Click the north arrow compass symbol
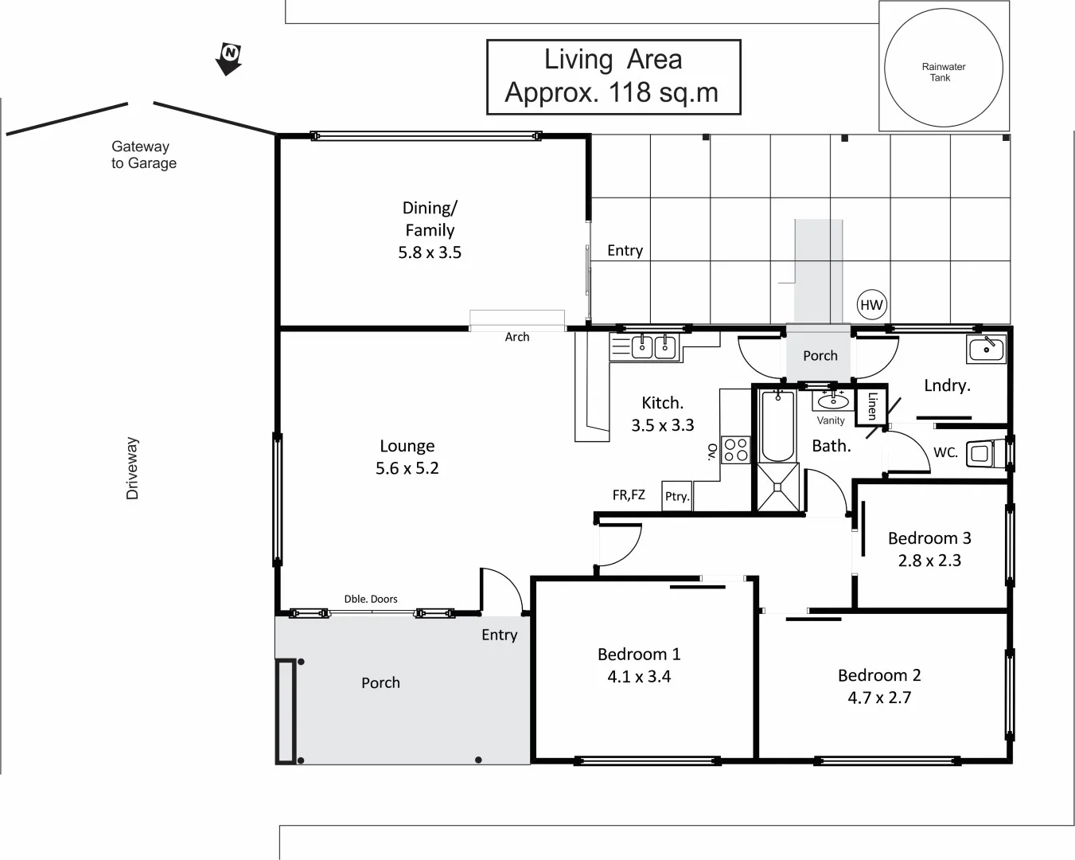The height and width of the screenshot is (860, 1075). coord(229,58)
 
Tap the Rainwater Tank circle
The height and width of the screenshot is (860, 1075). coord(943,68)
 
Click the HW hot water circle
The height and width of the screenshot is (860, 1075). coord(871,304)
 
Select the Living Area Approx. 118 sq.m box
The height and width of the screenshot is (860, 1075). coord(613,76)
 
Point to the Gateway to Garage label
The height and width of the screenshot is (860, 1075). coord(143,154)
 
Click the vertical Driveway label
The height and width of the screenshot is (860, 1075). coord(132,468)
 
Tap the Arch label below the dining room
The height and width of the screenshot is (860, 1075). coord(516,337)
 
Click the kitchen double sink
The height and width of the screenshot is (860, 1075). coord(653,347)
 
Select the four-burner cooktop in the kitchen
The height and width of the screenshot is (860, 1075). coord(735,450)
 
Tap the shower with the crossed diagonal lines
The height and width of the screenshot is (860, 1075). coord(777,487)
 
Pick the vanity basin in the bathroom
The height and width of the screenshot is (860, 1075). coord(832,400)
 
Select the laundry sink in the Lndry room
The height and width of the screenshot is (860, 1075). coord(986,349)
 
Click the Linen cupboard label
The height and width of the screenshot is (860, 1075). coord(871,406)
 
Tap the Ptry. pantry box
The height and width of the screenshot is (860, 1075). coord(676,496)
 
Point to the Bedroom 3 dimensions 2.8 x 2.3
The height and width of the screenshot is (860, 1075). coord(929,561)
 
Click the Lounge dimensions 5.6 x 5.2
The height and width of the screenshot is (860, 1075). coord(407,468)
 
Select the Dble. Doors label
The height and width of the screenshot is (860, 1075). coord(371,599)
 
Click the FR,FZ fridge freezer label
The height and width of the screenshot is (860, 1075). coord(629,495)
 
